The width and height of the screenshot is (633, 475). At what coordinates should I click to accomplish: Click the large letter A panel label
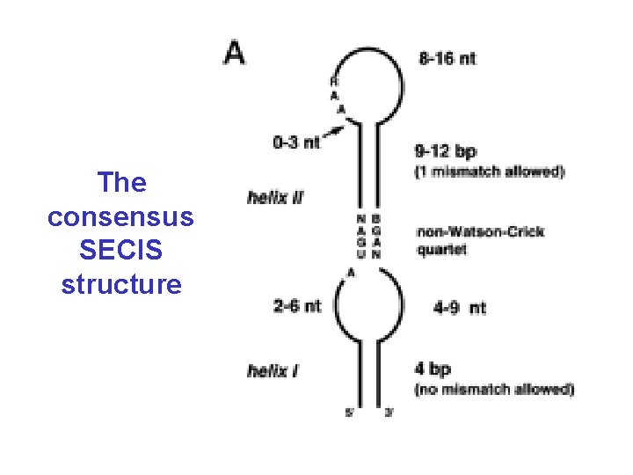235,53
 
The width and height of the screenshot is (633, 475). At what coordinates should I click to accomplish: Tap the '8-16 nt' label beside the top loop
447,59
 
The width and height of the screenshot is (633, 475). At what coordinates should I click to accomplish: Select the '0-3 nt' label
296,141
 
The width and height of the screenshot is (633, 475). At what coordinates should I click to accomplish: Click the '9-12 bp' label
447,151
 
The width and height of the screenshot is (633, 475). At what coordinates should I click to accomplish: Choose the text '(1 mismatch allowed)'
489,172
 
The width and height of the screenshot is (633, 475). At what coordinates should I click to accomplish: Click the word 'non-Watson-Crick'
480,232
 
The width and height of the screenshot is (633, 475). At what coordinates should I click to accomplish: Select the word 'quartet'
441,249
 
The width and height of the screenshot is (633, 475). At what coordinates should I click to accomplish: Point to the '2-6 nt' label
297,306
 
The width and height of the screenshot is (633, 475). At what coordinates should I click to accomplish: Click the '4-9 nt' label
459,308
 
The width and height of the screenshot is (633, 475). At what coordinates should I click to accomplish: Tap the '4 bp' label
432,369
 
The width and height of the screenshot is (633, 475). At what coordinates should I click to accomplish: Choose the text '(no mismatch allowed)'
493,389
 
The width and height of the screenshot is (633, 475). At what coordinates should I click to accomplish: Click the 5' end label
350,413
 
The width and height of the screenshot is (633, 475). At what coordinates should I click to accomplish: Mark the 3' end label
389,413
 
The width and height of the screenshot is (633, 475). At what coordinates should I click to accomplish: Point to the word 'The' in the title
121,183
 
